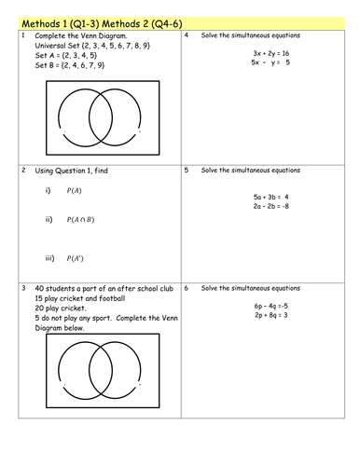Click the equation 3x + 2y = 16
point(270,54)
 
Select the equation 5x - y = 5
point(270,63)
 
